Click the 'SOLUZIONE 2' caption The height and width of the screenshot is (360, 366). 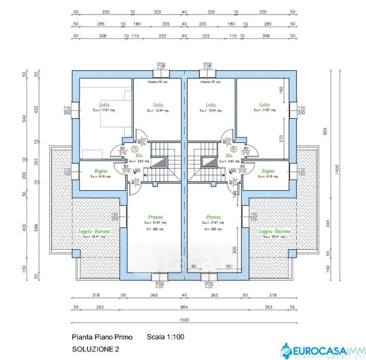[x=95, y=349]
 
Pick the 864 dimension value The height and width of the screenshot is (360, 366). [x=184, y=307]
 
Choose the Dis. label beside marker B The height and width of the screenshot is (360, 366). [x=229, y=155]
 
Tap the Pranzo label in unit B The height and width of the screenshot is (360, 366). [x=214, y=217]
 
